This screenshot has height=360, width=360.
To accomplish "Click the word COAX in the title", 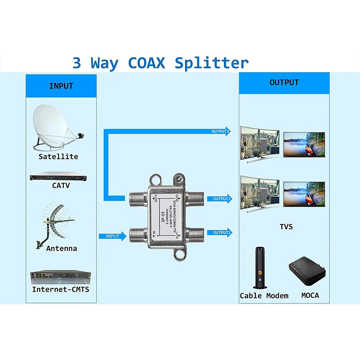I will [146, 63].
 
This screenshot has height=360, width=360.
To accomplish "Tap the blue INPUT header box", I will [61, 86].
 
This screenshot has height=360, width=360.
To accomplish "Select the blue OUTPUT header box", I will [284, 83].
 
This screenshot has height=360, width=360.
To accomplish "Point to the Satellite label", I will [58, 157].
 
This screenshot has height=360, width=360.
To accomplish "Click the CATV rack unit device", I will [58, 178].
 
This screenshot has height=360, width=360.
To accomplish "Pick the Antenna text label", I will [61, 248].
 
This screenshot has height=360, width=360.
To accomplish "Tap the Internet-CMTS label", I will [61, 289].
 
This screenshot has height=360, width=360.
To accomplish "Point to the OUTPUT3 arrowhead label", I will [220, 131].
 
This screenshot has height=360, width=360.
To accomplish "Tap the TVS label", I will [286, 227].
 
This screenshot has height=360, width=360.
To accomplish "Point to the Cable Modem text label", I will [264, 296].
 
